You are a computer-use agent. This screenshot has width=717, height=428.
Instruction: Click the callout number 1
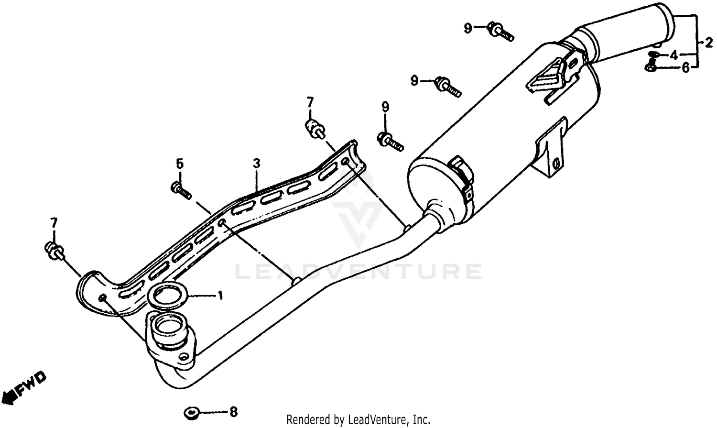pos(220,296)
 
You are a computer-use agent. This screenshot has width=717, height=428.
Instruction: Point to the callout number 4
pos(674,55)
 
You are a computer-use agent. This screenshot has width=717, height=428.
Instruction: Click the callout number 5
pos(179,164)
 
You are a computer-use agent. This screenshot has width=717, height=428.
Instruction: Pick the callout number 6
pos(685,68)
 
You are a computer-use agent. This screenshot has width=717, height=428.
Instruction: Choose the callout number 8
pos(233,411)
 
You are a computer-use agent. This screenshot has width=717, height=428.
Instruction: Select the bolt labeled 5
pos(181,190)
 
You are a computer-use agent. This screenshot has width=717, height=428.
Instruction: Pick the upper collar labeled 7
pos(314,130)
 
